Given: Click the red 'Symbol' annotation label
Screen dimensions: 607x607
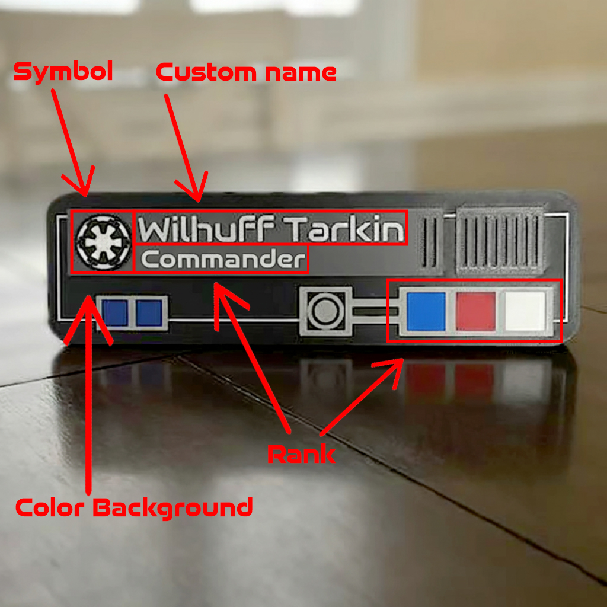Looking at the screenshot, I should [x=63, y=72].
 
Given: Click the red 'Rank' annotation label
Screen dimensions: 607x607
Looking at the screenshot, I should [x=301, y=454].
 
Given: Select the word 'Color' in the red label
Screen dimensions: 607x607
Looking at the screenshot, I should [x=50, y=508].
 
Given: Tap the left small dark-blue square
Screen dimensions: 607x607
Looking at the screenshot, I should [x=114, y=312].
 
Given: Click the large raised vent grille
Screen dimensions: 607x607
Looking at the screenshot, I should [x=501, y=240].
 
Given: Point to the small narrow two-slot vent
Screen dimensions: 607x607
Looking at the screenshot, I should [x=431, y=242].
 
